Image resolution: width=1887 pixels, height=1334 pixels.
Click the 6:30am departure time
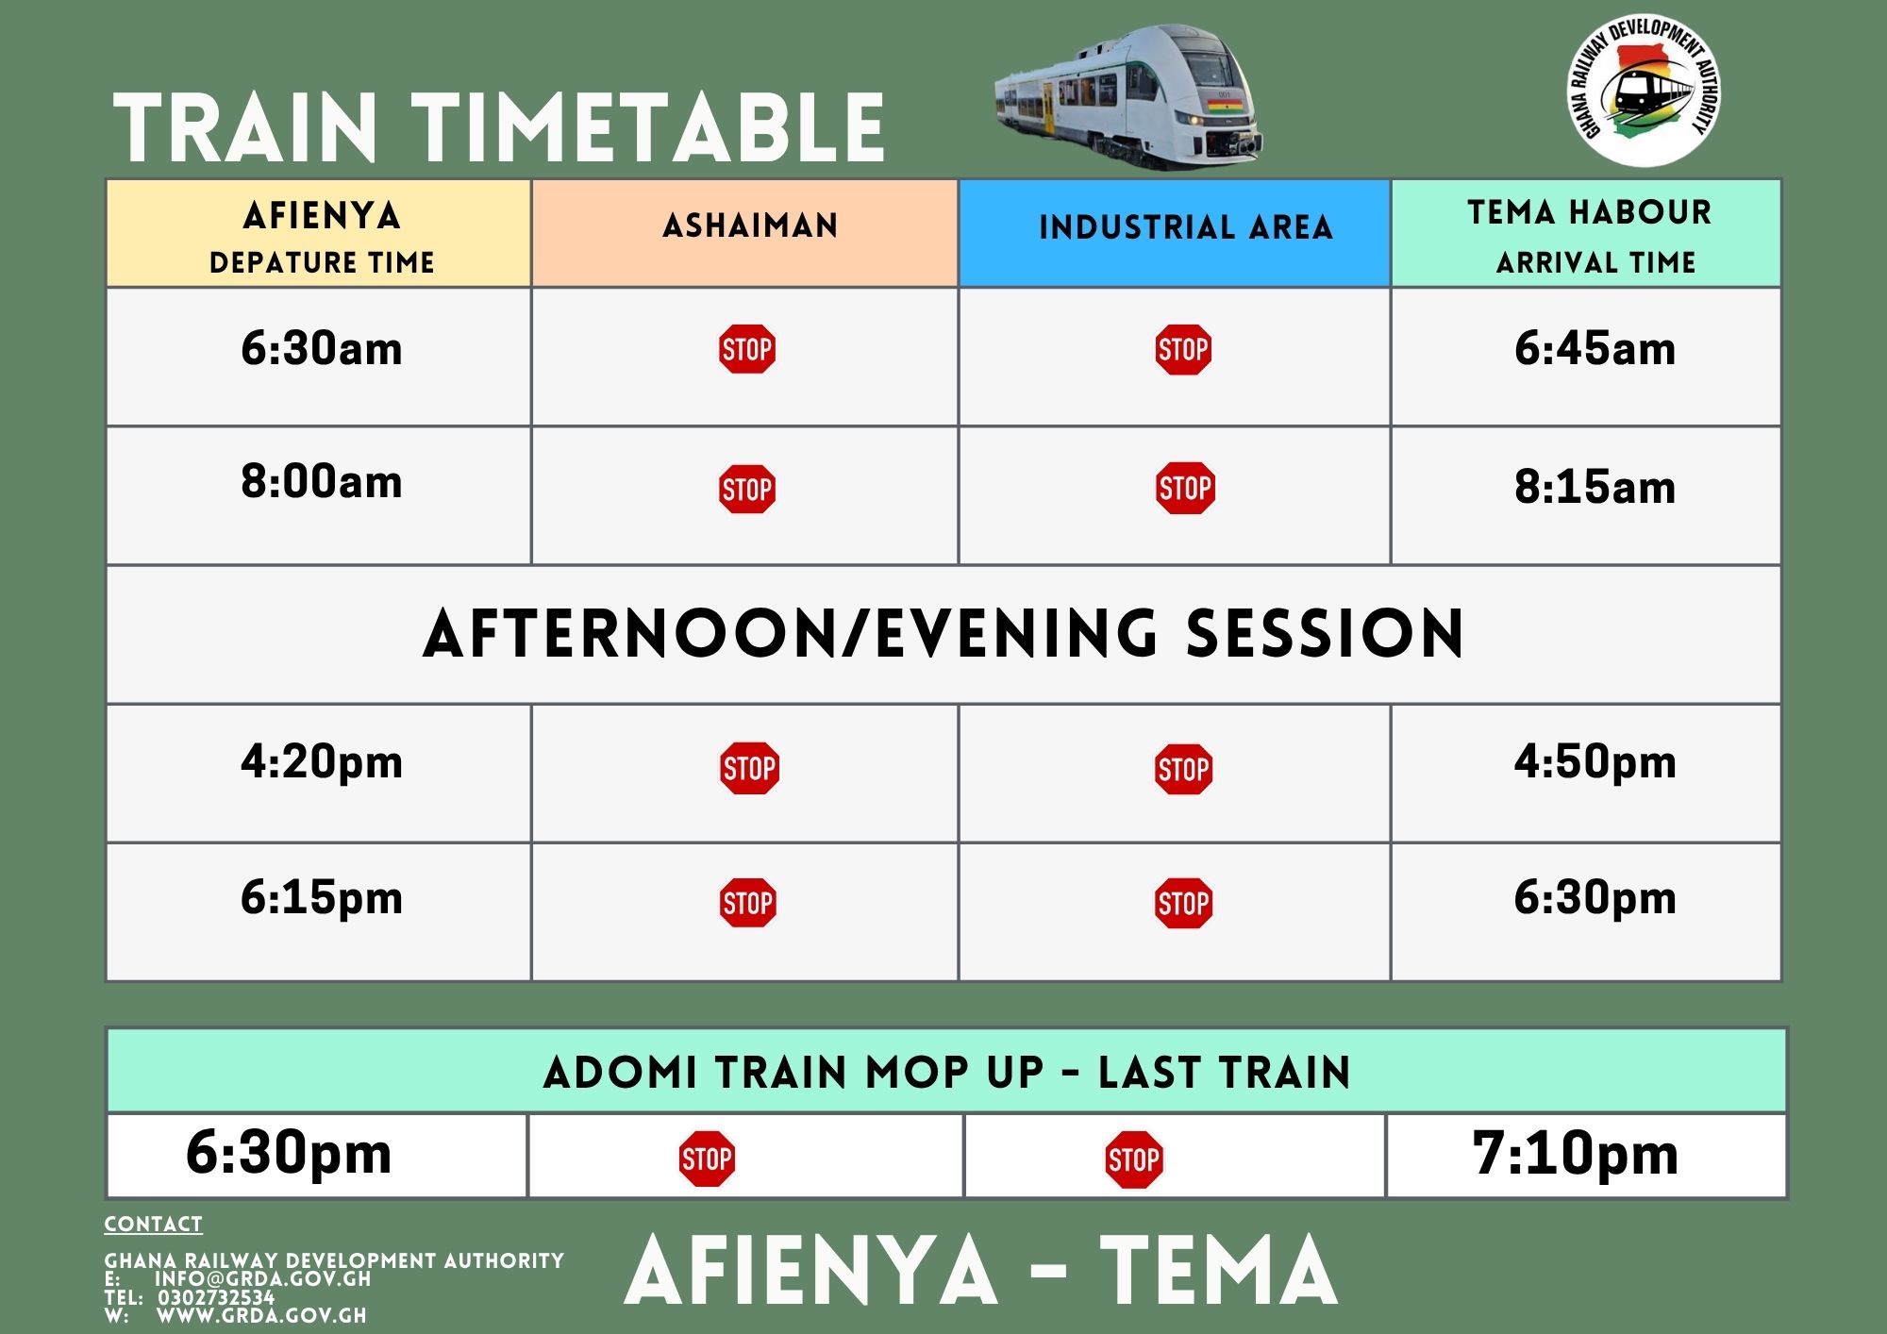click(321, 349)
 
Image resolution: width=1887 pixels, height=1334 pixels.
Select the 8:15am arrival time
click(1595, 488)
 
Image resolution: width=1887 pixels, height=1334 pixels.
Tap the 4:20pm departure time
click(321, 762)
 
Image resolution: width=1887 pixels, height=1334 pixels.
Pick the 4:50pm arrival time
click(1595, 762)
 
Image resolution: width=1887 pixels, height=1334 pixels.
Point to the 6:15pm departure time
click(321, 898)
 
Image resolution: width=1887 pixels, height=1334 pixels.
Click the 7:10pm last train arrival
click(1575, 1154)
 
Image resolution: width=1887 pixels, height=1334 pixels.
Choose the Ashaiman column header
click(750, 226)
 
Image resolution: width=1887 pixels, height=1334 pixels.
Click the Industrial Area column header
click(1185, 228)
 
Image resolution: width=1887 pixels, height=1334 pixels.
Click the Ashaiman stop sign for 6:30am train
click(746, 349)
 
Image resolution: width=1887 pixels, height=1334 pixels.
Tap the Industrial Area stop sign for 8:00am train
click(1185, 489)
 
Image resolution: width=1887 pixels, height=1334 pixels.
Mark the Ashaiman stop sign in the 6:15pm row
click(748, 903)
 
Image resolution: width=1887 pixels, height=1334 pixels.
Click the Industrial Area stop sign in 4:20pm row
click(1183, 769)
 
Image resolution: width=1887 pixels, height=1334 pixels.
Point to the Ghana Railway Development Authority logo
click(1643, 90)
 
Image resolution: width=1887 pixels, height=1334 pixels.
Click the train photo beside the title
click(1128, 97)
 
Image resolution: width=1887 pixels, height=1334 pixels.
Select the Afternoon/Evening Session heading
click(943, 634)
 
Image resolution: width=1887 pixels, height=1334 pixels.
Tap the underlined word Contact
click(153, 1225)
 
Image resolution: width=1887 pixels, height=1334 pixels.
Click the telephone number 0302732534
click(216, 1297)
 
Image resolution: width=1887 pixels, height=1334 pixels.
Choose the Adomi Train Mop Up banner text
click(946, 1073)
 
